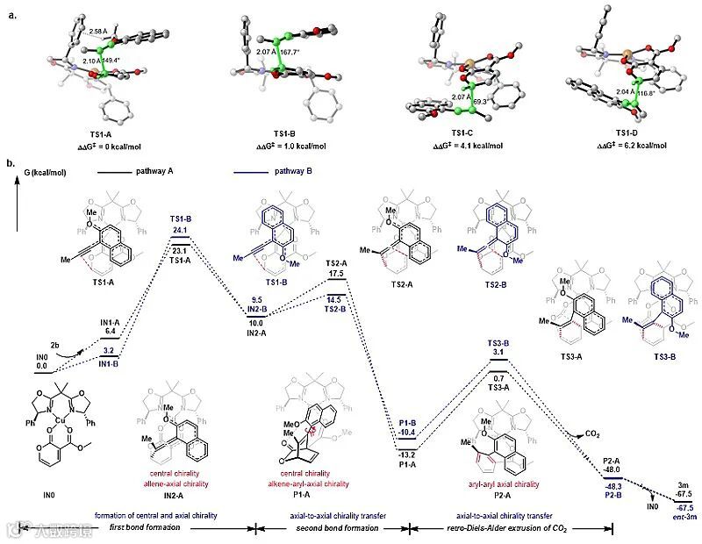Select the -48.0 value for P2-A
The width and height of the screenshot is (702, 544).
(612, 470)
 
